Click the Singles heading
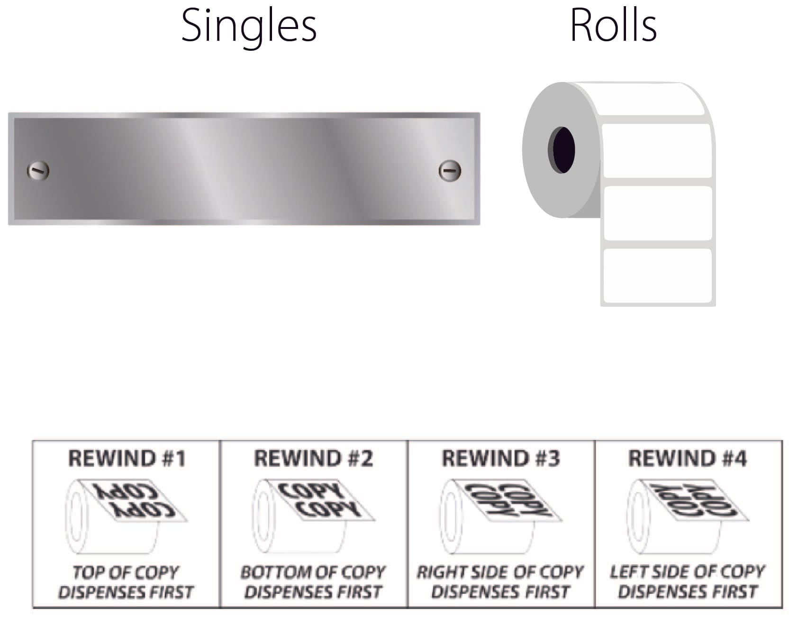point(249,26)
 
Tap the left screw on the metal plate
point(38,171)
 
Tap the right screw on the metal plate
point(449,171)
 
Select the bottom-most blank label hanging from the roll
point(658,276)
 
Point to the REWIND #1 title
point(127,459)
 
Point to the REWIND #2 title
point(314,459)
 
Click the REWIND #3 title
point(501,459)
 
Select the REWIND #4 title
point(687,459)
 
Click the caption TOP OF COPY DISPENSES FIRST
point(126,582)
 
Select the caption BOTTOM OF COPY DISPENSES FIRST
point(313,582)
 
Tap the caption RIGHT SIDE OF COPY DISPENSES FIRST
point(500,582)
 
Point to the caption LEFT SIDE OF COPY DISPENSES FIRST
point(687,582)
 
